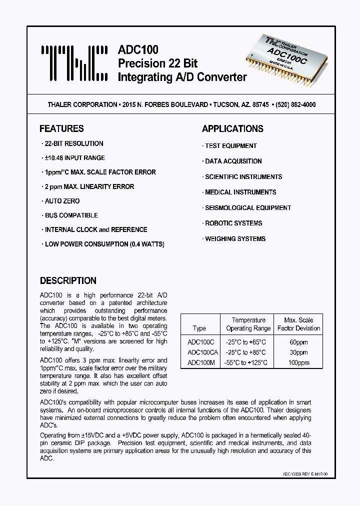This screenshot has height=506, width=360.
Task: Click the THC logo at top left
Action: (73, 64)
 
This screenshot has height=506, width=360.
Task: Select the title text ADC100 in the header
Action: (138, 49)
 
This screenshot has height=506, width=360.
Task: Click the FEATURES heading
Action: (61, 128)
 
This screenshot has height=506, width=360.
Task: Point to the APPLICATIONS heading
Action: (232, 128)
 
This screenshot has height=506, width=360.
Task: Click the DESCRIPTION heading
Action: (68, 280)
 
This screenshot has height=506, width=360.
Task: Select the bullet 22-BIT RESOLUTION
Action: (73, 143)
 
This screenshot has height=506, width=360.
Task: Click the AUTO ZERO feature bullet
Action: (62, 201)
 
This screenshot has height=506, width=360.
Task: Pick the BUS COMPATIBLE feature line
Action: (71, 215)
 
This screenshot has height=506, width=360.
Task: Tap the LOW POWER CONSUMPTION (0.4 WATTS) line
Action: (104, 244)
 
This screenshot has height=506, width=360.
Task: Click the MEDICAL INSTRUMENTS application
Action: (240, 192)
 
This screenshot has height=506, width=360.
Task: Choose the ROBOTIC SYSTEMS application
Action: (233, 223)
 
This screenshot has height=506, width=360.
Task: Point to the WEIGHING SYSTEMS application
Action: (235, 238)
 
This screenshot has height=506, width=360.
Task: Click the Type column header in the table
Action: (199, 328)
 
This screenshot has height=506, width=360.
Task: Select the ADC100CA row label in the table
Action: (202, 352)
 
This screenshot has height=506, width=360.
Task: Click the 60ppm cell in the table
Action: (298, 342)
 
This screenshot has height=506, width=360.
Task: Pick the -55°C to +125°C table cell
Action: (245, 362)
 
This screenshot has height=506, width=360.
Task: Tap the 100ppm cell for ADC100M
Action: (298, 362)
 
